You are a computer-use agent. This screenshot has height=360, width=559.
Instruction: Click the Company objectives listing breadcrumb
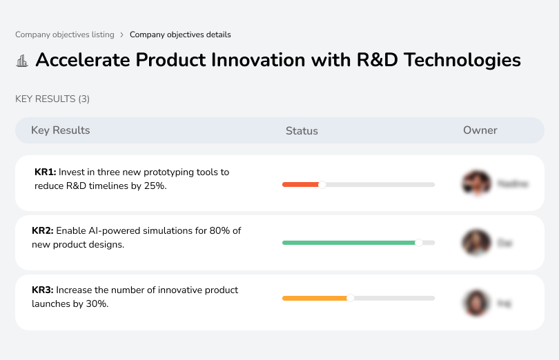tap(64, 34)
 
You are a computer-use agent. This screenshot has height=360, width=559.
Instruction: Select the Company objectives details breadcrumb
tap(180, 34)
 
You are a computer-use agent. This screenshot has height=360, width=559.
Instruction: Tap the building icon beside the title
tap(22, 61)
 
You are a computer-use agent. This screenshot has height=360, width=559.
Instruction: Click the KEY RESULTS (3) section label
tap(52, 99)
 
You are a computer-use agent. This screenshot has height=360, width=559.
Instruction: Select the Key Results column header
tap(61, 130)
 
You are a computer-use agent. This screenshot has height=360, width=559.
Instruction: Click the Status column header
tap(302, 131)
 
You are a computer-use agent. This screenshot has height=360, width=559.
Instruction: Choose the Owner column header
tap(480, 130)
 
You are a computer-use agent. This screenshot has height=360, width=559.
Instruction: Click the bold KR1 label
tap(45, 172)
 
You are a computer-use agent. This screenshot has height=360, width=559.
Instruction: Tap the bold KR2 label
tap(42, 230)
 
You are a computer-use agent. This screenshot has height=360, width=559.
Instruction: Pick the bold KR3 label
tap(42, 290)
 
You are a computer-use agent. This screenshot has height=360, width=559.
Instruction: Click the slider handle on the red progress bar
tap(322, 184)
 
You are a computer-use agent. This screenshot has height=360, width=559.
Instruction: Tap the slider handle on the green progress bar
tap(418, 243)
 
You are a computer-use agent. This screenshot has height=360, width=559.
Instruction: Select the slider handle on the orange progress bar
tap(351, 298)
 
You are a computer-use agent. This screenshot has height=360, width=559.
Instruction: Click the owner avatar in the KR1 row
tap(476, 183)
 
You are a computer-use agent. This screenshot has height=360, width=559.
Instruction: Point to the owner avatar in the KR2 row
tap(476, 243)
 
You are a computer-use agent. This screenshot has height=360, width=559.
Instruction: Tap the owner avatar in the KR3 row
tap(476, 303)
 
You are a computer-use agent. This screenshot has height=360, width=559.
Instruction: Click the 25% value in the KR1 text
tap(154, 186)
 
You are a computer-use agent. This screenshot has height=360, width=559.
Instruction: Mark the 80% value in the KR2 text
tap(216, 230)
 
